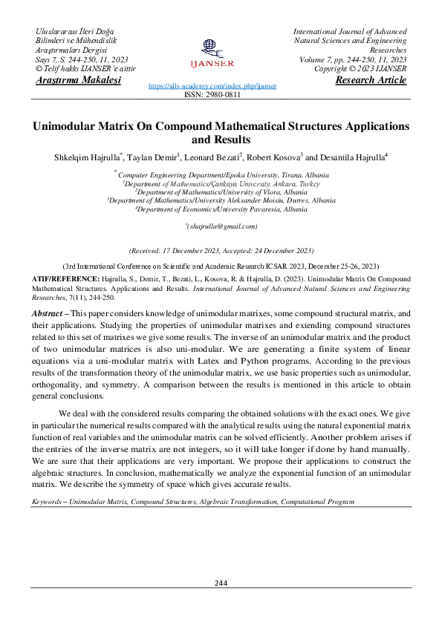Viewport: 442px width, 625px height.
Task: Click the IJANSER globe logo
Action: point(212,50)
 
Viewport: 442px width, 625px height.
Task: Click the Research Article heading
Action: point(371,80)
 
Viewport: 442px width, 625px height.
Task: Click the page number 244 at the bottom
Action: point(221,583)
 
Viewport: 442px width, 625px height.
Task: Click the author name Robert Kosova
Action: point(274,157)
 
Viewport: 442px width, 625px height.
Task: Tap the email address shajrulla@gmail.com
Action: point(221,226)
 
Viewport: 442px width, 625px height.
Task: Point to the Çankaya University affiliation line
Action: point(221,183)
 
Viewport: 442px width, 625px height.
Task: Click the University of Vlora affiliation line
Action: point(221,192)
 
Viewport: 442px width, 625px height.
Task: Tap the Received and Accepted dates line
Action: point(221,251)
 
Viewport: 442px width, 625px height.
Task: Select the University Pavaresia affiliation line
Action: point(221,209)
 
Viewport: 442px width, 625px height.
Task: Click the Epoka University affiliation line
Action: point(221,175)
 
